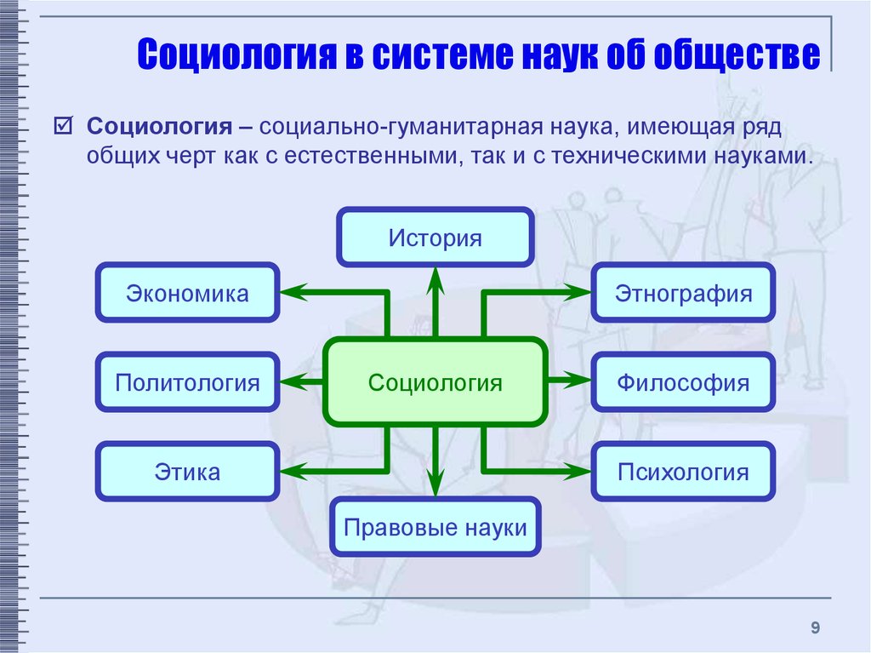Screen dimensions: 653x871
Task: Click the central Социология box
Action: click(x=435, y=382)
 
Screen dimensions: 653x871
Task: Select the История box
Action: click(x=435, y=238)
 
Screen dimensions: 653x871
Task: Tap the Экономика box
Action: click(x=187, y=294)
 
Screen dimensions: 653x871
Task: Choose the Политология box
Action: click(x=187, y=382)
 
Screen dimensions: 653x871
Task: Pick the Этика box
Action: click(x=187, y=471)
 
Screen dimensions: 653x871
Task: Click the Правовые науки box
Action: click(x=435, y=527)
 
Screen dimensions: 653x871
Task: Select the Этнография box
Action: click(x=684, y=294)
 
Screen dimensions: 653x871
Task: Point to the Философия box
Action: click(x=684, y=382)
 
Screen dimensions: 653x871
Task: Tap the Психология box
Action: click(x=684, y=471)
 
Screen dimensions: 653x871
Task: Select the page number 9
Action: click(x=815, y=628)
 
